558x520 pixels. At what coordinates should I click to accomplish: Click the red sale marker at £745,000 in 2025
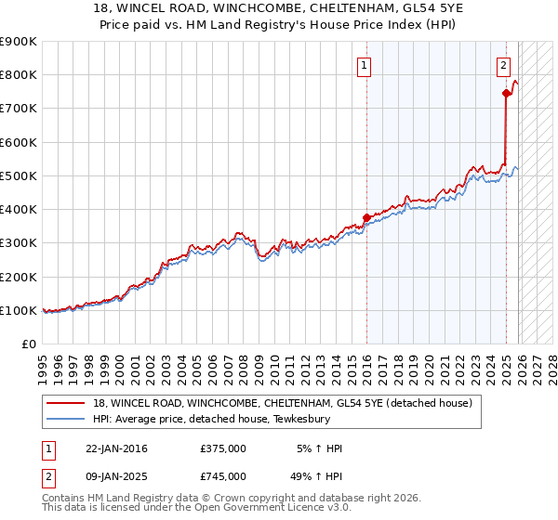(x=506, y=93)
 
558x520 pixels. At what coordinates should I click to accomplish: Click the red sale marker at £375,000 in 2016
(x=366, y=217)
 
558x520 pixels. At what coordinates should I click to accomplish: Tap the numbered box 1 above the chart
(x=363, y=65)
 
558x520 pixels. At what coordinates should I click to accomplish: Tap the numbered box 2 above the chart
(x=502, y=65)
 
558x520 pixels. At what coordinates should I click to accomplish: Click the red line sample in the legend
(x=66, y=403)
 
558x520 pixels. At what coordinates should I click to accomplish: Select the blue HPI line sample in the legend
(x=66, y=419)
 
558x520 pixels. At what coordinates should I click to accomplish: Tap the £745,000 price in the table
(x=223, y=475)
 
